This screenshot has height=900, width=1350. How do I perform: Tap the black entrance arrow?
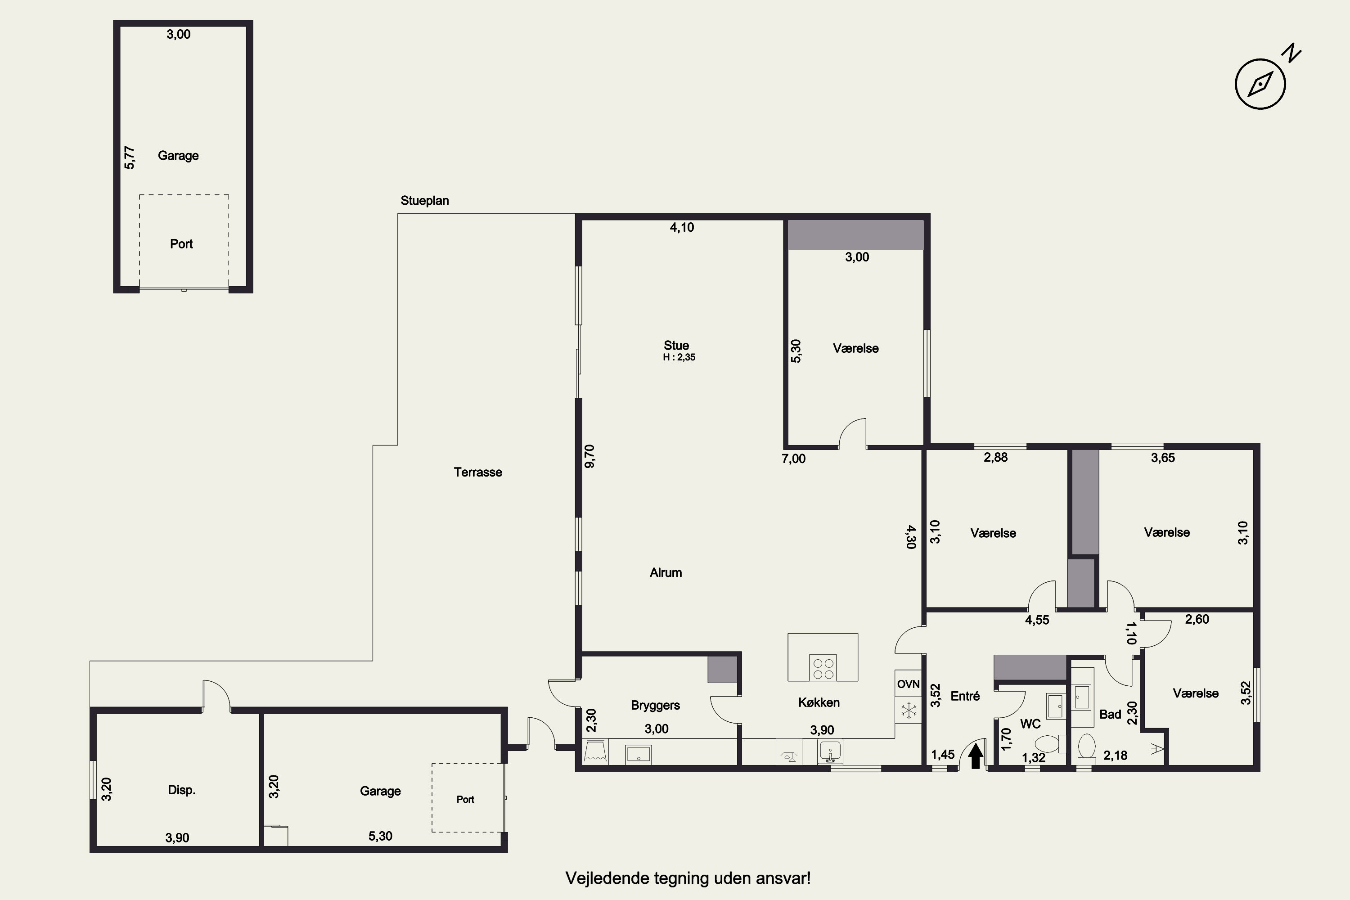(x=975, y=756)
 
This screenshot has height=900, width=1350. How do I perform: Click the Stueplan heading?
(x=425, y=201)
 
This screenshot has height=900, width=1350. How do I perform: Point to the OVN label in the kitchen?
(x=908, y=684)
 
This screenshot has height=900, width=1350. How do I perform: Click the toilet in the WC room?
(x=1048, y=744)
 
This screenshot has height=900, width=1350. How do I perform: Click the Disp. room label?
(x=181, y=790)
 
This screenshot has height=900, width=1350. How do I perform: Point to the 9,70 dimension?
(x=589, y=456)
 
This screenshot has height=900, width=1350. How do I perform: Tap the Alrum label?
(x=666, y=572)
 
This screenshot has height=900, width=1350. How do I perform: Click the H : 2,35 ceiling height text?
(x=679, y=357)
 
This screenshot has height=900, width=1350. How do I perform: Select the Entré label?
(x=965, y=696)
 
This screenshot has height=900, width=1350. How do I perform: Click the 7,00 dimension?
(x=793, y=459)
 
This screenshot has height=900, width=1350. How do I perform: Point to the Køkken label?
(x=819, y=702)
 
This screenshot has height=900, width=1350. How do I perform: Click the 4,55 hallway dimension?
(x=1037, y=621)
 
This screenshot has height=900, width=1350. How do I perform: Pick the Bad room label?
(x=1110, y=715)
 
